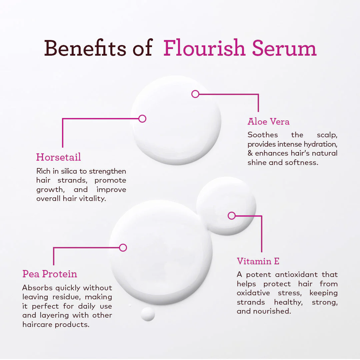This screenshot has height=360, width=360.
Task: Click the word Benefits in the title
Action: pos(85,48)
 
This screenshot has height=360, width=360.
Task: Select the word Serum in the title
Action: pos(284,48)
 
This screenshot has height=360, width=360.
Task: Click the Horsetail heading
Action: pos(59,157)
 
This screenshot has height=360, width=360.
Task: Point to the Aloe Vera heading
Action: pos(268,121)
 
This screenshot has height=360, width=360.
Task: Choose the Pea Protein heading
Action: pos(50,274)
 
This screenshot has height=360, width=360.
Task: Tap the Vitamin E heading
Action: pos(258,261)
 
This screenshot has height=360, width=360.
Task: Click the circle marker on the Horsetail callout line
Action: pos(142,119)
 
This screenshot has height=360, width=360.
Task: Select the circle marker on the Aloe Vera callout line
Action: pos(195,94)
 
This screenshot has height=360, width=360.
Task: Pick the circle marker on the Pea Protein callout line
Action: pos(123,248)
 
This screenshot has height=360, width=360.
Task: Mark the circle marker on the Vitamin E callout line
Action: pos(232,216)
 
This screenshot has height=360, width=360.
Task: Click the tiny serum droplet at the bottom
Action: pos(148,314)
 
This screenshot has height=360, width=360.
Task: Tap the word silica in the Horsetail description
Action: pos(69,171)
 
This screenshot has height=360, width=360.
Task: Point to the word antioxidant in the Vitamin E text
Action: pos(296,274)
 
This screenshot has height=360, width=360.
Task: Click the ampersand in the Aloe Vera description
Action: pos(250,153)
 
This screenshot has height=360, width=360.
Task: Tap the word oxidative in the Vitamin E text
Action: pos(253,293)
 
